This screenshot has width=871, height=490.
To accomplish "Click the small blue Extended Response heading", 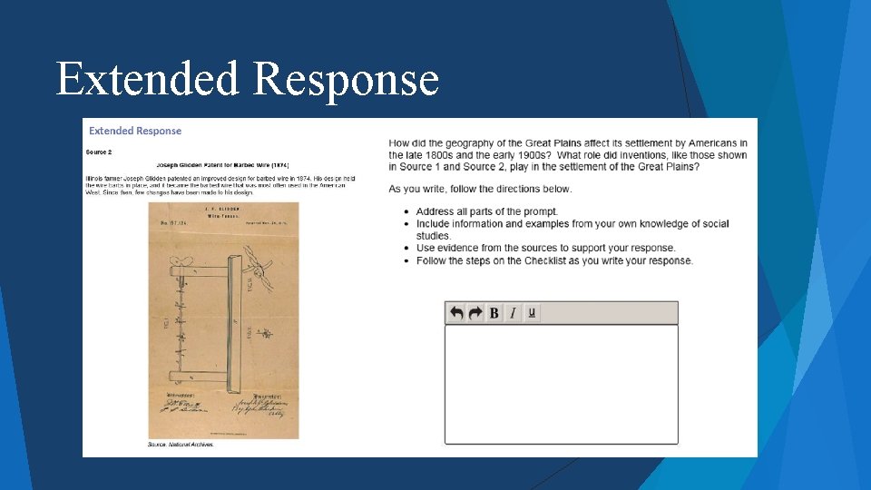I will (135, 131).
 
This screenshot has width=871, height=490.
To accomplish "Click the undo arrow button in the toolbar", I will (456, 313).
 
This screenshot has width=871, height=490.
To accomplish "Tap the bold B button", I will (494, 313).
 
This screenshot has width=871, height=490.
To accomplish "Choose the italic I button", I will (513, 313).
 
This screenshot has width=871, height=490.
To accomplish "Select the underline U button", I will (532, 313).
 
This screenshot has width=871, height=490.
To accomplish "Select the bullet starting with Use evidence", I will (545, 248).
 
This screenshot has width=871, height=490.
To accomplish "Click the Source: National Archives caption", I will (181, 445).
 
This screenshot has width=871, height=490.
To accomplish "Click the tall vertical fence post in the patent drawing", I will (236, 318).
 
